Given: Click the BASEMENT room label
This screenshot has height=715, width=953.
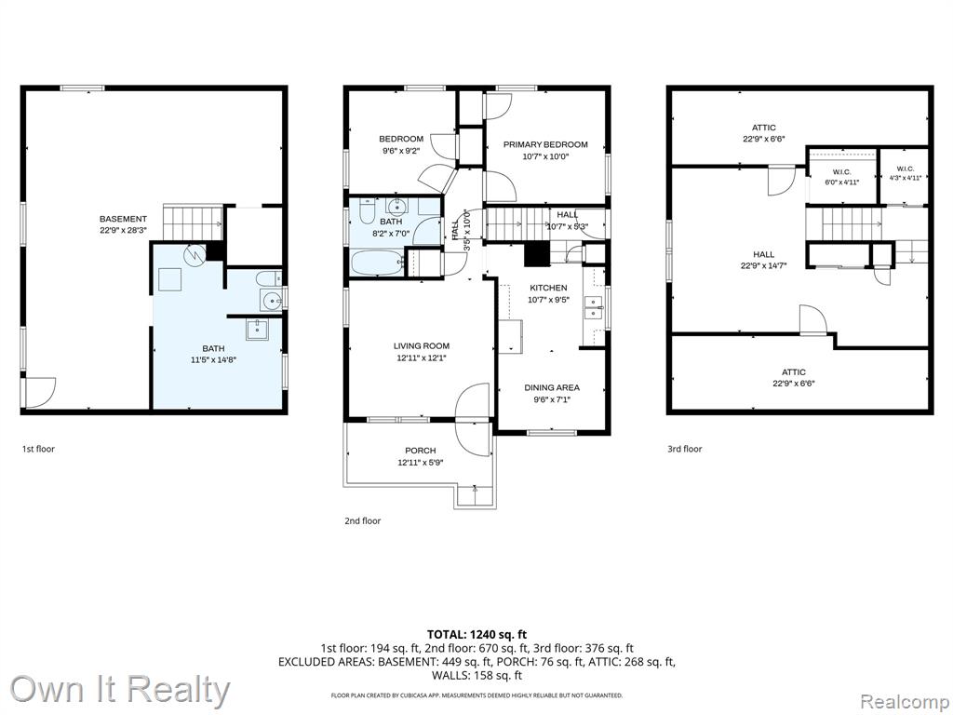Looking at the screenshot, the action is (x=123, y=219).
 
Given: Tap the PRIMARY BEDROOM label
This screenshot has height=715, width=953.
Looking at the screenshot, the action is (x=545, y=144).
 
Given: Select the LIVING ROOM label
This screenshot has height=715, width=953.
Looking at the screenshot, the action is (x=422, y=346).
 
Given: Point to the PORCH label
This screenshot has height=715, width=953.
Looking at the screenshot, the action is (x=420, y=451).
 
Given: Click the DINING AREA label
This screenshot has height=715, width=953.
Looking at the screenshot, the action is (x=552, y=387).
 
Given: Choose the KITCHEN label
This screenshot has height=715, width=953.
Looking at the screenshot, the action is (x=548, y=288).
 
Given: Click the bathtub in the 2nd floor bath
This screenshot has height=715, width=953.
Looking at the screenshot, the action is (x=378, y=263).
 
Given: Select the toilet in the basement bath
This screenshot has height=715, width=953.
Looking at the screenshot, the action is (x=268, y=279).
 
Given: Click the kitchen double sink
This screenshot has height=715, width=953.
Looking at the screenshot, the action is (x=593, y=307).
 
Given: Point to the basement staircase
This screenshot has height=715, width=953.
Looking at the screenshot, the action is (x=193, y=223).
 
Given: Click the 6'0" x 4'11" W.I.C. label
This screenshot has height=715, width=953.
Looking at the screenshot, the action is (x=841, y=177).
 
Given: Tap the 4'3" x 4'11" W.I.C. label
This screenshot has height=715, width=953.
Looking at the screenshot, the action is (x=905, y=173).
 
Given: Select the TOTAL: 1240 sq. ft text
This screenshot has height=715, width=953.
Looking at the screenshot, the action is (x=477, y=635).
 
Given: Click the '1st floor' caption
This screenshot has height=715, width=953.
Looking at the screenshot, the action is (x=38, y=450).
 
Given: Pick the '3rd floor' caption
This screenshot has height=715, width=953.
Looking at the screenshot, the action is (x=685, y=450).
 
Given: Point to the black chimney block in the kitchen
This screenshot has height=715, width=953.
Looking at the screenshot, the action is (x=537, y=253).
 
